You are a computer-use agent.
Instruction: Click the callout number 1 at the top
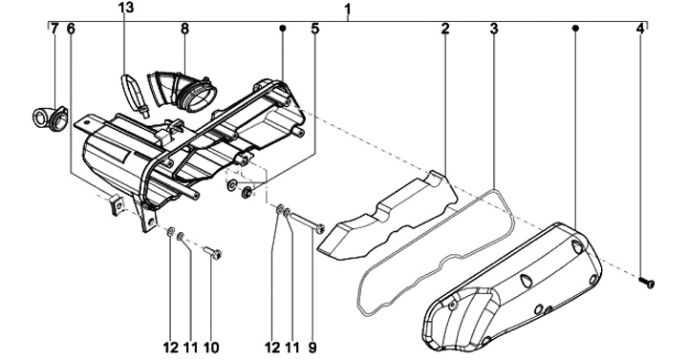pos(348,9)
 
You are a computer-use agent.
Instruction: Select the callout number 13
pos(125,8)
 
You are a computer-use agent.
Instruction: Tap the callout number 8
pos(184,29)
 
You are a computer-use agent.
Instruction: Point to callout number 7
pos(54,29)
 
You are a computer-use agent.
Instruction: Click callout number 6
pos(71,29)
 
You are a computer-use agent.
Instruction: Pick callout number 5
pos(315,29)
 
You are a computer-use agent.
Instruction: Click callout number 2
pos(445,29)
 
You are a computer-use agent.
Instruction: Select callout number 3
pos(494,29)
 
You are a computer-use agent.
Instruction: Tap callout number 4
pos(640,29)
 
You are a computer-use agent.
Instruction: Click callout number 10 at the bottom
pos(211,348)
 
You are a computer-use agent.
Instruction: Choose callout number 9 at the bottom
pos(312,348)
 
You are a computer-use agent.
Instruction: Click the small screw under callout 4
pos(647,282)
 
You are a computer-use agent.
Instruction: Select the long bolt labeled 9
pos(307,222)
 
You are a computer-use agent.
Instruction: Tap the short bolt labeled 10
pos(213,253)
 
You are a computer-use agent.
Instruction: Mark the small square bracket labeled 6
pos(117,205)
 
